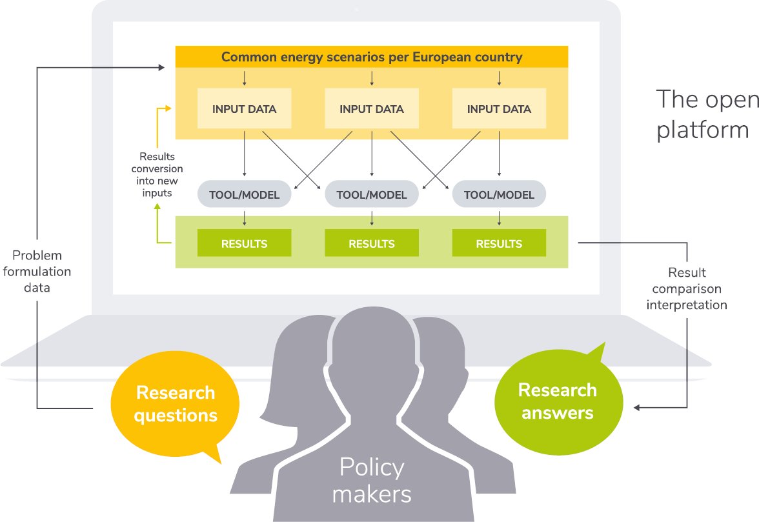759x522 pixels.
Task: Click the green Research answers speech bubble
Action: click(557, 401)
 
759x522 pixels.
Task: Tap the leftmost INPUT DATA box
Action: click(244, 109)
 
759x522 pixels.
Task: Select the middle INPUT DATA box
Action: click(372, 109)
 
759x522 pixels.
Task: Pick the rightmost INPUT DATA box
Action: click(499, 109)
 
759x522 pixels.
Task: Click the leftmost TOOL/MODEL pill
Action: click(245, 194)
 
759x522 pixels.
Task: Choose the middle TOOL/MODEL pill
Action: click(372, 194)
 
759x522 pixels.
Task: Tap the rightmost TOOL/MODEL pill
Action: click(499, 194)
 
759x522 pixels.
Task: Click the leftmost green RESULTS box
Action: click(244, 243)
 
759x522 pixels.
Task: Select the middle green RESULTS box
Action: click(372, 243)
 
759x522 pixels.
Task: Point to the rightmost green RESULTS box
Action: click(499, 243)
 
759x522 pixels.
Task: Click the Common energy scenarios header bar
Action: click(372, 57)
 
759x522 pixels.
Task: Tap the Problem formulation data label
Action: click(37, 271)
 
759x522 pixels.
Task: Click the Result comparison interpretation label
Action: click(687, 288)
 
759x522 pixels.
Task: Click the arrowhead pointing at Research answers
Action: click(637, 407)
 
